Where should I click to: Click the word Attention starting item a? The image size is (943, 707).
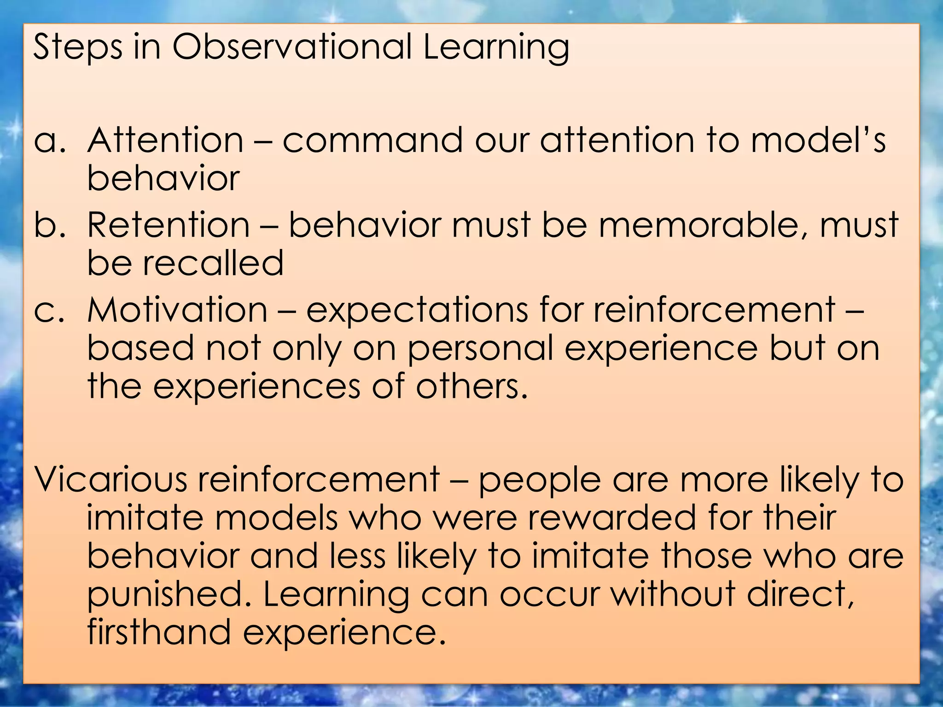point(165,140)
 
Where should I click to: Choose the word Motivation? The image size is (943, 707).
point(177,309)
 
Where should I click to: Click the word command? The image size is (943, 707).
point(372,140)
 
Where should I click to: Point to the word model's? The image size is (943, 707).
point(818,140)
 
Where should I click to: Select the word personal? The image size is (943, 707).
point(480,349)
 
